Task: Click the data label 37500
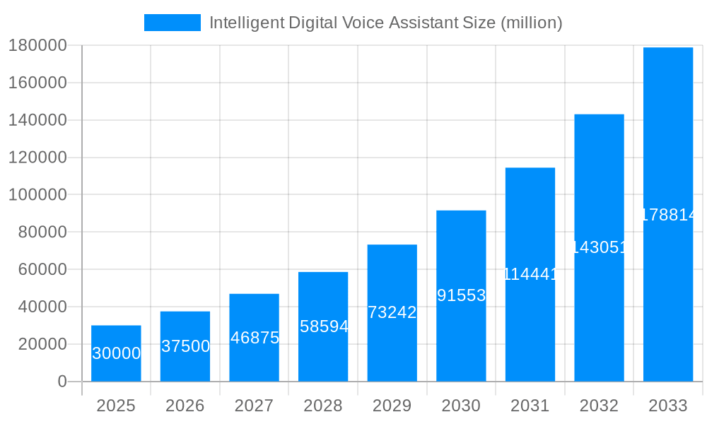pyautogui.click(x=185, y=346)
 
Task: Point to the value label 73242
pyautogui.click(x=392, y=312)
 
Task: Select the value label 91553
pyautogui.click(x=461, y=295)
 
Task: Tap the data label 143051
pyautogui.click(x=599, y=247)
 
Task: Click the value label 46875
pyautogui.click(x=255, y=338)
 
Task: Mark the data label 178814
pyautogui.click(x=668, y=215)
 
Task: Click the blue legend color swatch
pyautogui.click(x=172, y=23)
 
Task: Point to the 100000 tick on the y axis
pyautogui.click(x=37, y=194)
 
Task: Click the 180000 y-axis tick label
pyautogui.click(x=37, y=45)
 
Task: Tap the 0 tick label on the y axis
pyautogui.click(x=62, y=382)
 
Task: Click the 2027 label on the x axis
pyautogui.click(x=254, y=406)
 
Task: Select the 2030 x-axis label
pyautogui.click(x=461, y=406)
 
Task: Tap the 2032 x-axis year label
pyautogui.click(x=599, y=406)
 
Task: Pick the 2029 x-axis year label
pyautogui.click(x=392, y=406)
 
